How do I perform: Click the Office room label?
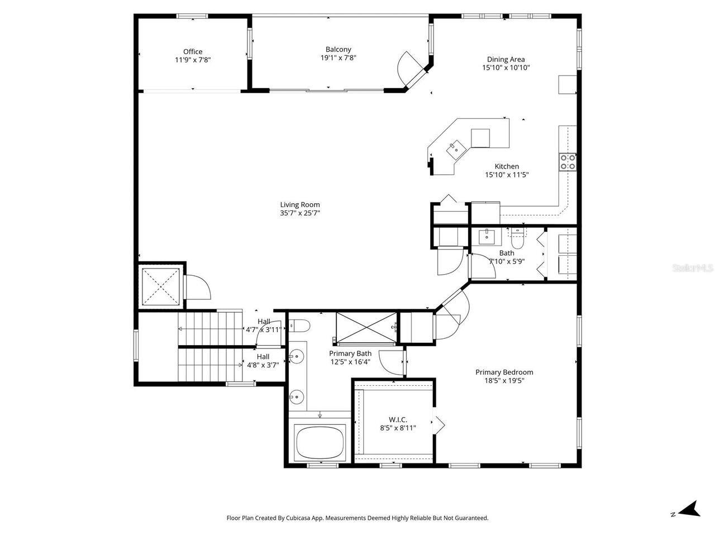click(x=193, y=51)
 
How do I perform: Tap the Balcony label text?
click(x=339, y=49)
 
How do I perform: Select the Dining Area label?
click(x=506, y=59)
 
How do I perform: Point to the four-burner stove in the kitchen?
click(x=568, y=162)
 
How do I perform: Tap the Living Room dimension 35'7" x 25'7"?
click(x=300, y=213)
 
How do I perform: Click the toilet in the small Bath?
click(x=517, y=240)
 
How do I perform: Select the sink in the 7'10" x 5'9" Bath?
click(x=484, y=236)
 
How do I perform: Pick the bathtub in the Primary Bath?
click(x=321, y=442)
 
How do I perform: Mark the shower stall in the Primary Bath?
click(x=366, y=327)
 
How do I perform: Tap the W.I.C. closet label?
click(x=398, y=419)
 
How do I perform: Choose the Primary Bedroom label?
click(x=504, y=372)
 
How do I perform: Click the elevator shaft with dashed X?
click(x=161, y=287)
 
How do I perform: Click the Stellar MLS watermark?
click(x=693, y=269)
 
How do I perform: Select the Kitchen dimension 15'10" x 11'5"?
click(x=507, y=175)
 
